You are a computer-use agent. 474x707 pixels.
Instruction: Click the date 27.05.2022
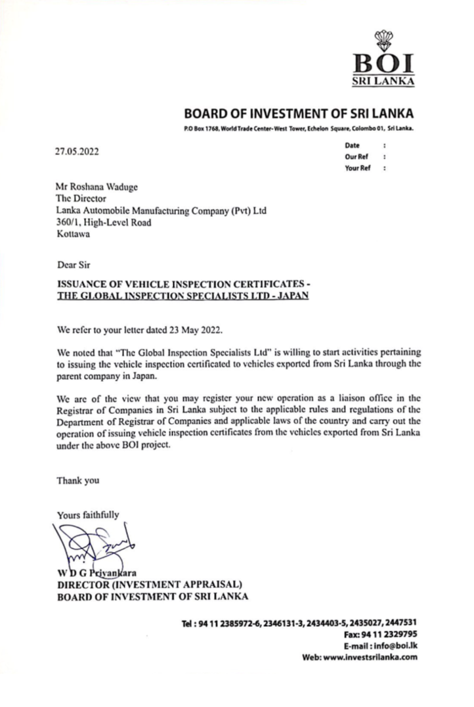click(x=79, y=150)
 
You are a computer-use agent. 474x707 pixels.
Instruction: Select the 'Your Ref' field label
click(x=357, y=168)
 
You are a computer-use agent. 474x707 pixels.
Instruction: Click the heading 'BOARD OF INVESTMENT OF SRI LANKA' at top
click(x=299, y=113)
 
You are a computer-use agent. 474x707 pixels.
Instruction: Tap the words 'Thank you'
click(x=77, y=480)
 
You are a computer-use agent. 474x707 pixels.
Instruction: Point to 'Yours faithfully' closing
click(x=88, y=514)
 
